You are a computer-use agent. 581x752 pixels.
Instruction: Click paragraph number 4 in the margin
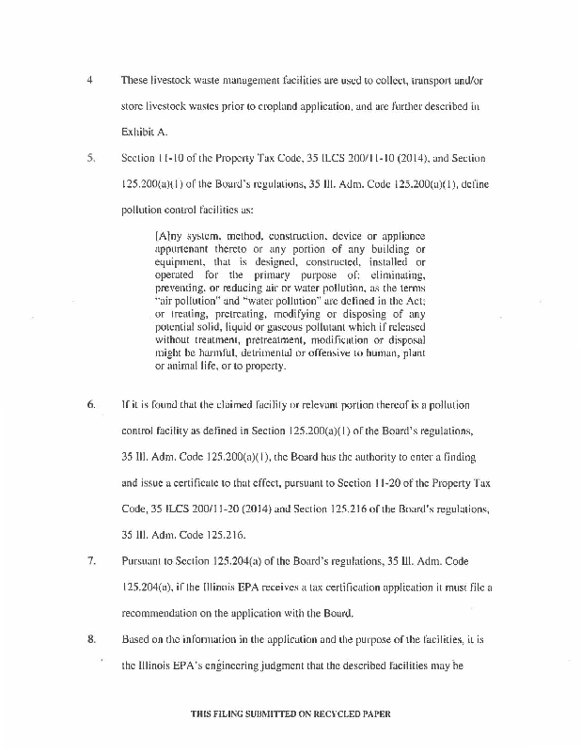click(x=89, y=80)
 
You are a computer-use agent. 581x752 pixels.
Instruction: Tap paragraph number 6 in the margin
click(x=90, y=405)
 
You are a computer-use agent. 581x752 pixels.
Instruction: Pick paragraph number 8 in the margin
click(x=90, y=639)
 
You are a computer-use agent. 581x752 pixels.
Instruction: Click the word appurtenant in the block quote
click(x=179, y=247)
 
